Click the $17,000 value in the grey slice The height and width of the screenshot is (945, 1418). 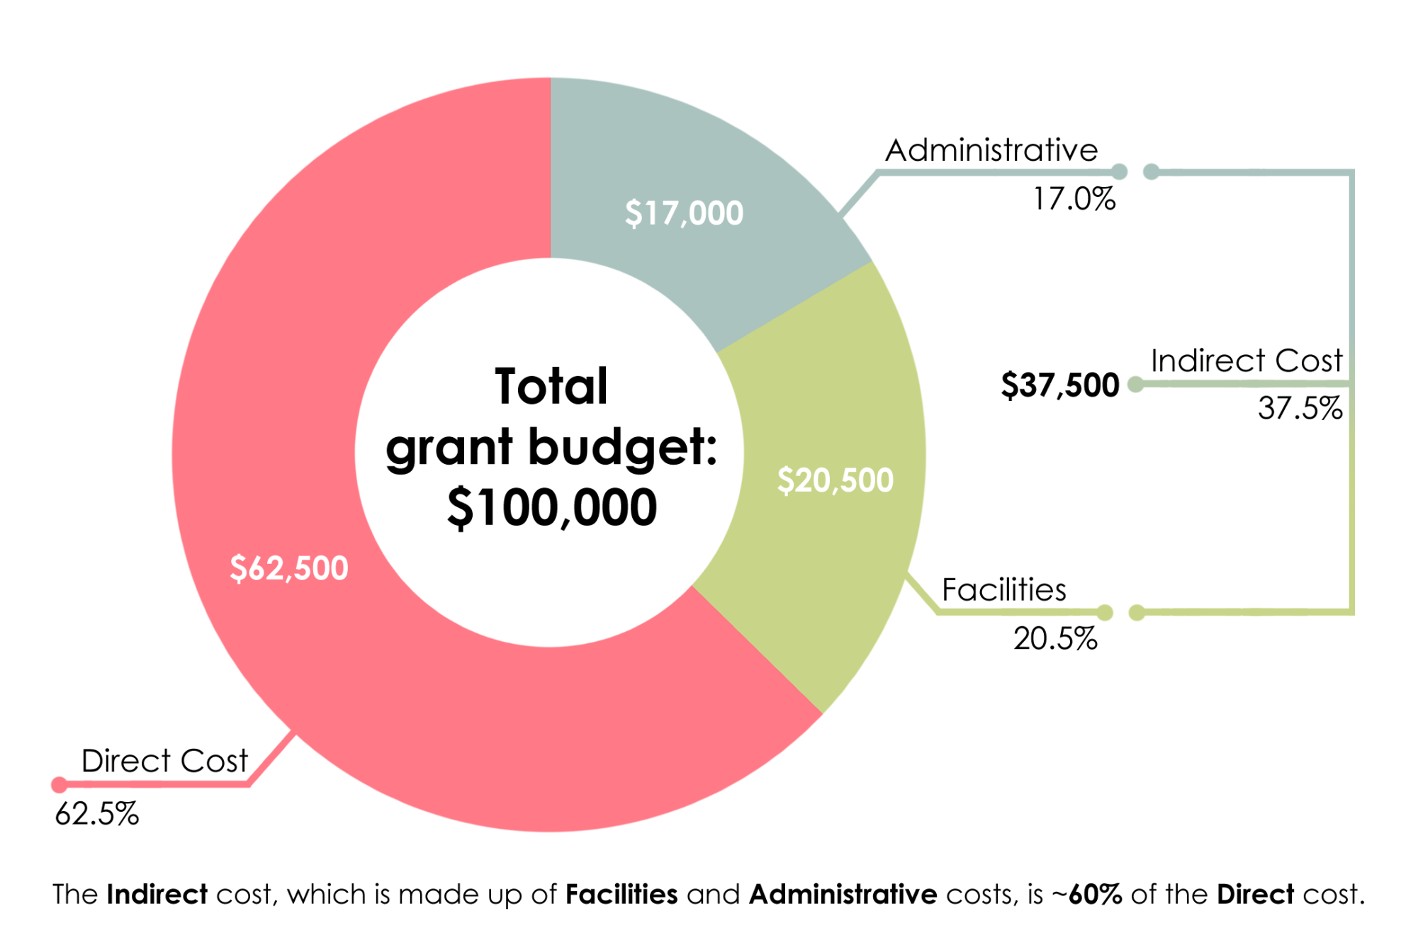pos(684,213)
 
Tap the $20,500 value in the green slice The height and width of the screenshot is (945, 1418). pos(835,480)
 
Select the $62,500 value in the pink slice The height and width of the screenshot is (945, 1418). pos(289,568)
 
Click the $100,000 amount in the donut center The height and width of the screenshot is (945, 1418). pos(552,508)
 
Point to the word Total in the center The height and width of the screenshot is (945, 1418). pos(551,387)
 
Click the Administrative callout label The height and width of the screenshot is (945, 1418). pos(991,150)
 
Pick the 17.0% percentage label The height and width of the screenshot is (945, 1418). pos(1074,199)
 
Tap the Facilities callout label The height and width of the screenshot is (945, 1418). pos(1003,590)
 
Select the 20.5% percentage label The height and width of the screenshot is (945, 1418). pos(1055,639)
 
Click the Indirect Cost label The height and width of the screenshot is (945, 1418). pos(1247,361)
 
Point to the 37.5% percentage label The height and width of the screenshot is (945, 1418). pos(1300,409)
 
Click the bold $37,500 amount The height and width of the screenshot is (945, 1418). pos(1060,385)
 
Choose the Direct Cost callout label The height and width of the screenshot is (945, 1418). pos(164,762)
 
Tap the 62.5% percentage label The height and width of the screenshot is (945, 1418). pos(97,814)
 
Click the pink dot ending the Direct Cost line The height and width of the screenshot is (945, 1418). pos(60,785)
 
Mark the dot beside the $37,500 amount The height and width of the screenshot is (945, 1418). pos(1135,385)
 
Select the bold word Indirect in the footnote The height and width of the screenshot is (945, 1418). pos(157,895)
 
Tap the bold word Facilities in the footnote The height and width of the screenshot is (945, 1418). pos(621,895)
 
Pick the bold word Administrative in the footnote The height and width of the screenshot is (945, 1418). pos(843,895)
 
